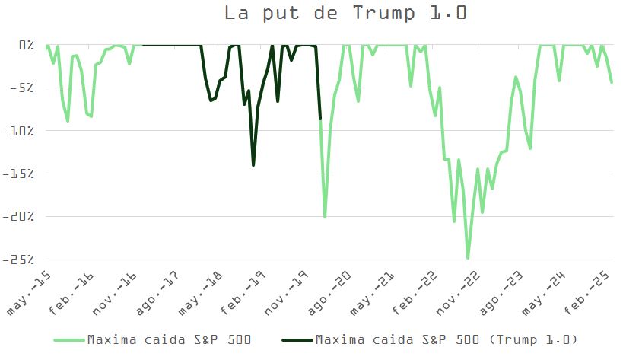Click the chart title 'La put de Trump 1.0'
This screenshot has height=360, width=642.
coord(346,14)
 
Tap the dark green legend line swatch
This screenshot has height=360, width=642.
coord(296,339)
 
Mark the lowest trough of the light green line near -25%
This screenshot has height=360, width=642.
coord(468,258)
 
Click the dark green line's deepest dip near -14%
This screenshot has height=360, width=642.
coord(253,164)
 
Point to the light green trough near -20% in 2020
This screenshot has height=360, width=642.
coord(325,218)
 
